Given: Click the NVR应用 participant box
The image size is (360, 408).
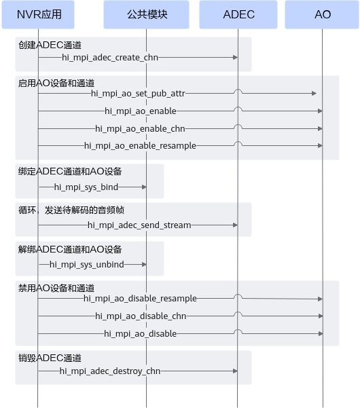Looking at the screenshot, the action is click(38, 14).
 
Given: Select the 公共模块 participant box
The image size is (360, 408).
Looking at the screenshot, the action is click(146, 14).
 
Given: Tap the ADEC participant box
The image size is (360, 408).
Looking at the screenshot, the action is click(238, 14).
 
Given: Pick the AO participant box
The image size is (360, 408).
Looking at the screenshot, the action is click(322, 14).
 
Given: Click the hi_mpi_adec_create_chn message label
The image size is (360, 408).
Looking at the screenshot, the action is click(110, 58).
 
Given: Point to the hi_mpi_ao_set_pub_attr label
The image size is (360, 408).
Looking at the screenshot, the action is click(138, 94).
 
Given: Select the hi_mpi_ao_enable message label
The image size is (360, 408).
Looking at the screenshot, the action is click(141, 111).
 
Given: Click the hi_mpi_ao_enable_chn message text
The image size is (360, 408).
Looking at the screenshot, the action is click(140, 129).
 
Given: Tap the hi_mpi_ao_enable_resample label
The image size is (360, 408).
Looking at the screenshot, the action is click(140, 146).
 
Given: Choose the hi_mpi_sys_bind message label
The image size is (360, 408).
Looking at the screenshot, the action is click(86, 187).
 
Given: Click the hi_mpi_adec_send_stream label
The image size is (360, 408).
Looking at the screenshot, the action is click(139, 225).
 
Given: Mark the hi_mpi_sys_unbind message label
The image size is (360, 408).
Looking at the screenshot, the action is click(87, 265).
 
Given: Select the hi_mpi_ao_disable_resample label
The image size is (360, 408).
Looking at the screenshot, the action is click(140, 299).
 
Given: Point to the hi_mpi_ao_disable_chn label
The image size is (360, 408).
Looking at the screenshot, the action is click(141, 316).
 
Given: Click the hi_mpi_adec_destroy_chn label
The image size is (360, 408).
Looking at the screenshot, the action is click(110, 371).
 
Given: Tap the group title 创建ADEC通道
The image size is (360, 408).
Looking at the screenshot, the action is click(50, 45).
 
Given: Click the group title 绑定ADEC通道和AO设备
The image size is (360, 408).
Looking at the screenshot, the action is click(70, 172).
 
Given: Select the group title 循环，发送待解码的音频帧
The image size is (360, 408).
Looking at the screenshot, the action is click(71, 210).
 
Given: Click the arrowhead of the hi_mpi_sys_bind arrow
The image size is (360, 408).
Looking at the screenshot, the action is click(144, 187).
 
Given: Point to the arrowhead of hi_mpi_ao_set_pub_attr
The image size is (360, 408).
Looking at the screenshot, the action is click(314, 94).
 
